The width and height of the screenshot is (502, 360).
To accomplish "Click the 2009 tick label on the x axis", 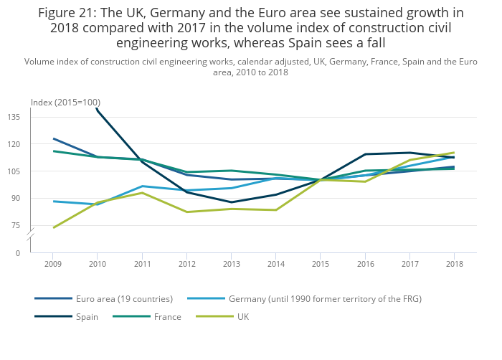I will [52, 264].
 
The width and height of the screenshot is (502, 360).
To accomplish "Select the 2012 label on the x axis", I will [186, 264].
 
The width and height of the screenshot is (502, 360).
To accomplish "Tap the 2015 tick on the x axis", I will [321, 264].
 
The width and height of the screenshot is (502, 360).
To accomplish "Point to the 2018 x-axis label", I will [454, 264].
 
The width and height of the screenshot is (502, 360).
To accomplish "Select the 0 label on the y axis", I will [18, 253].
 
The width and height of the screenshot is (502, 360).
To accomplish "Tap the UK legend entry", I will [242, 316].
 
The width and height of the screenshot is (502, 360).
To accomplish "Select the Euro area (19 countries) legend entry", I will [124, 298].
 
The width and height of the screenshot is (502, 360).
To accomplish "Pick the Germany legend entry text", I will [324, 298].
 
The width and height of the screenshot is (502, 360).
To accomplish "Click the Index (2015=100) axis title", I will [65, 103].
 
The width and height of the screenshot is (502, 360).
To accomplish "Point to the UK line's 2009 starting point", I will [52, 228].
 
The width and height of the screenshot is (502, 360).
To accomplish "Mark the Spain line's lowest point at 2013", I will [231, 202].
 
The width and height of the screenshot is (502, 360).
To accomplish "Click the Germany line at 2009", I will [52, 202].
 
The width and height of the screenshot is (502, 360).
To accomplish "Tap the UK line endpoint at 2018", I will [454, 153].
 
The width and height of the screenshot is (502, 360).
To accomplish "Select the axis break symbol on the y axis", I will [31, 237].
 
